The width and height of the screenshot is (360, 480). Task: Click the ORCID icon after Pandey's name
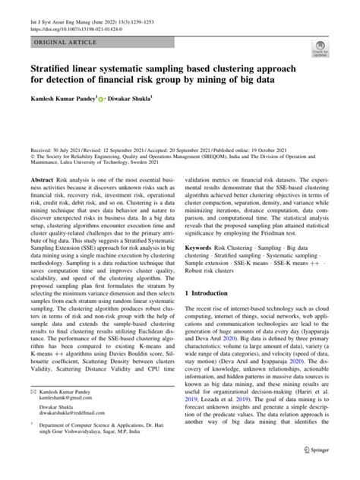[x=104, y=98]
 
